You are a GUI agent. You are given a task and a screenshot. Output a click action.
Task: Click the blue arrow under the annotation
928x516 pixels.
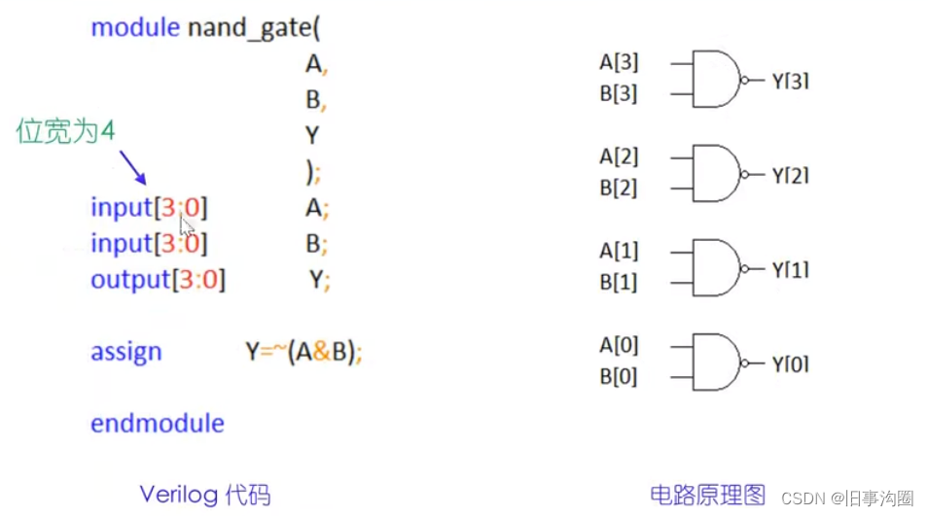tap(133, 169)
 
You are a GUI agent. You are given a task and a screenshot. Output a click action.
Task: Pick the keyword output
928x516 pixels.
tap(130, 281)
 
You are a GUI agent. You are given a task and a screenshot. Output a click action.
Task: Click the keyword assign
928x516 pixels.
tap(126, 352)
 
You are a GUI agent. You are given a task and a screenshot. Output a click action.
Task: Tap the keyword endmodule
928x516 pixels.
tap(158, 424)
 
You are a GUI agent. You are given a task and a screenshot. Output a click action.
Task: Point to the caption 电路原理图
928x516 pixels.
tap(708, 494)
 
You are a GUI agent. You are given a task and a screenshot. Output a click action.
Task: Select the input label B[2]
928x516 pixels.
tap(619, 189)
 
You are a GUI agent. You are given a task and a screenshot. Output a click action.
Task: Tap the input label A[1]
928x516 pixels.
tap(619, 251)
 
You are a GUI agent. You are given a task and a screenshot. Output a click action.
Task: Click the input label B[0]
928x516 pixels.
tap(619, 377)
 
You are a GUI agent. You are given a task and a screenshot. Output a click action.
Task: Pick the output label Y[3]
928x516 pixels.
tap(791, 82)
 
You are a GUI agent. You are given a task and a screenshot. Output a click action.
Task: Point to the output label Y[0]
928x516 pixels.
tap(791, 364)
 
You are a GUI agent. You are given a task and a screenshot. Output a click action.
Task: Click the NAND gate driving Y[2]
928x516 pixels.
tap(714, 174)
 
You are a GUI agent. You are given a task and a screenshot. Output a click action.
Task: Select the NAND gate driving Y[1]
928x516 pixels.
tap(714, 268)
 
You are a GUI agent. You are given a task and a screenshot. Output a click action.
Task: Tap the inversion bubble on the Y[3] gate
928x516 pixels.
tap(745, 81)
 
